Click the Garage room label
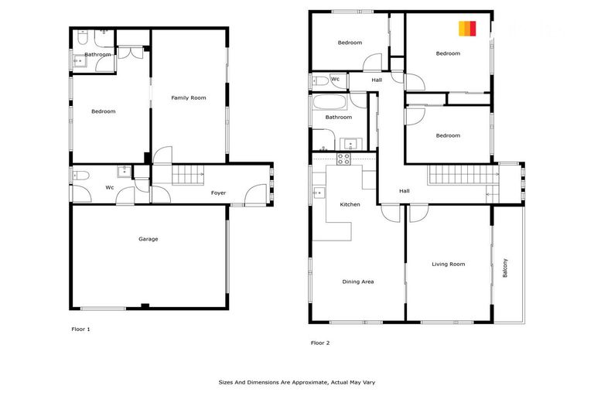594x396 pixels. click(x=148, y=239)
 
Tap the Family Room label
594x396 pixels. click(x=189, y=97)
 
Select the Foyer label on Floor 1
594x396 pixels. click(x=219, y=193)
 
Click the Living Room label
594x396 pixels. click(x=448, y=265)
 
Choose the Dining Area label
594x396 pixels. click(x=357, y=282)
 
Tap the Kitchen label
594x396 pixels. click(x=350, y=204)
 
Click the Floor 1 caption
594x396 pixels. click(x=80, y=329)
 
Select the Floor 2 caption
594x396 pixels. click(x=320, y=343)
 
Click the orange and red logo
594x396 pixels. click(x=467, y=29)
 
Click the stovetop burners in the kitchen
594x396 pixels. click(x=343, y=159)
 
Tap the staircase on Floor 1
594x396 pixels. click(x=186, y=175)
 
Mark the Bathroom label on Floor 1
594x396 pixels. click(x=97, y=55)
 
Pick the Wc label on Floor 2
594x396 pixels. click(x=335, y=79)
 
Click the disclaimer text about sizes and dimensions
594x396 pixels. click(x=297, y=382)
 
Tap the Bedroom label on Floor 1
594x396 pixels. click(x=103, y=111)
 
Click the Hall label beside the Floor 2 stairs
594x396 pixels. click(x=404, y=191)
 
